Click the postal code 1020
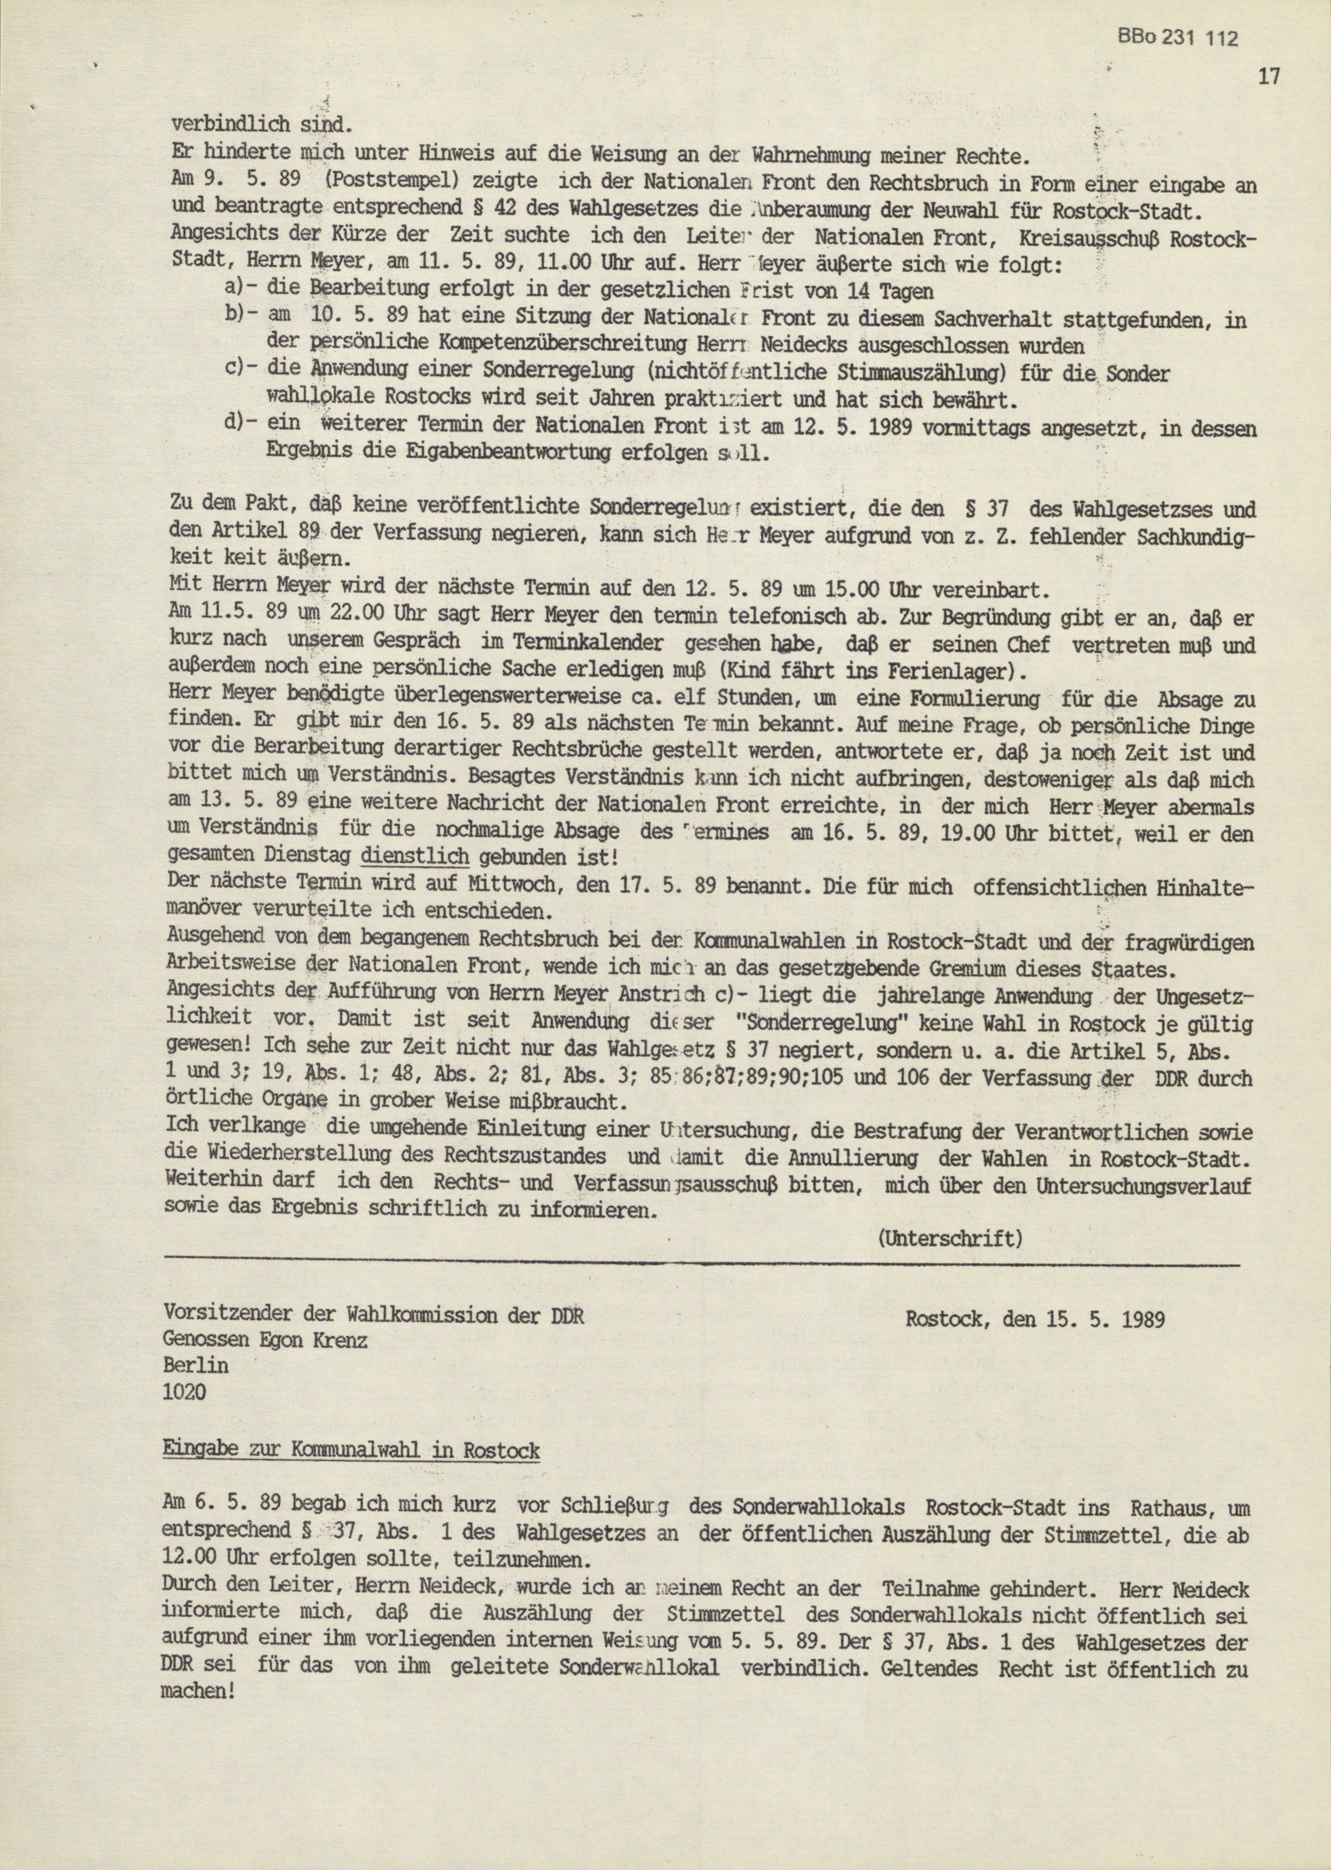[185, 1392]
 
